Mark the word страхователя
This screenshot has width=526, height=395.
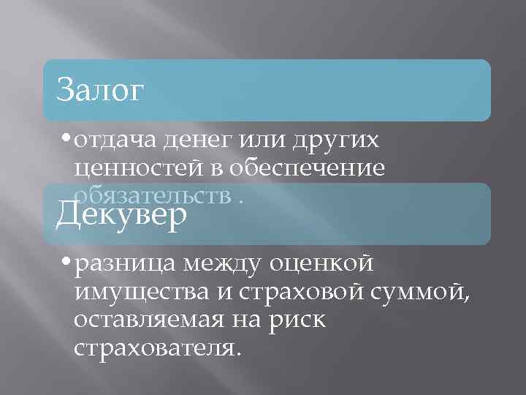(x=156, y=347)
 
